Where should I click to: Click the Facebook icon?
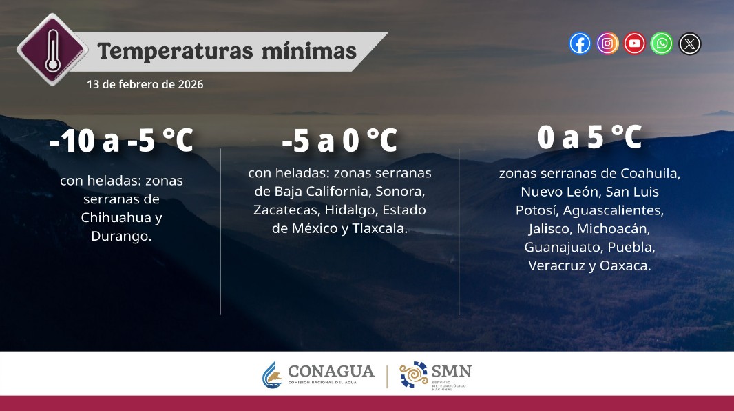click(580, 44)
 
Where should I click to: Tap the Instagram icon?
click(607, 44)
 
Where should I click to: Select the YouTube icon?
click(635, 44)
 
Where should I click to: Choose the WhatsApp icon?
click(662, 44)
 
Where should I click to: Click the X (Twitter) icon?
click(689, 44)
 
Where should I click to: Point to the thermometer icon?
click(52, 49)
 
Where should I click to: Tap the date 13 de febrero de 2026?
click(145, 84)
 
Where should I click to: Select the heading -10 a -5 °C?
click(121, 141)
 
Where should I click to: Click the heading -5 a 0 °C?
click(339, 141)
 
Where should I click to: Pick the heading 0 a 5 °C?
click(589, 138)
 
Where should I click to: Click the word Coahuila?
click(650, 172)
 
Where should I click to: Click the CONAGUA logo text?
click(331, 372)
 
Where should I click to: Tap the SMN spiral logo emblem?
click(414, 374)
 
